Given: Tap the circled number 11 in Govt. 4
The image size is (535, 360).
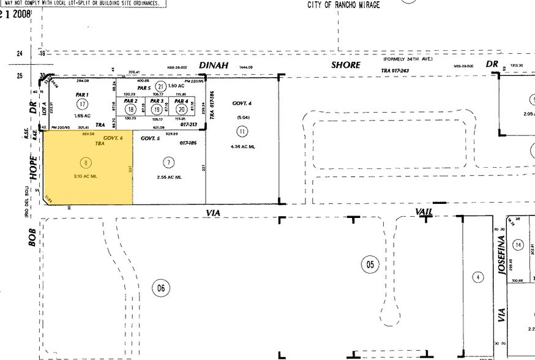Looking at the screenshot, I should click(x=242, y=131).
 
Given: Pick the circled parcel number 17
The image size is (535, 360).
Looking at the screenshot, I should click(x=82, y=104).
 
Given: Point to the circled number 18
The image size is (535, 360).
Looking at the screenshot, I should click(x=130, y=109).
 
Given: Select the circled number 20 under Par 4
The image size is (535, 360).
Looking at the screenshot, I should click(x=181, y=109).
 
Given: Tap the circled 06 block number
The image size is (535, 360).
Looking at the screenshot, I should click(x=160, y=288).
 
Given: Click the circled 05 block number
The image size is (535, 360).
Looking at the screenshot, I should click(x=370, y=264).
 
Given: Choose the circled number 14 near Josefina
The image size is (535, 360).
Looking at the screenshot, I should click(x=519, y=246).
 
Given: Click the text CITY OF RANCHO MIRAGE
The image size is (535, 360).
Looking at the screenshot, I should click(x=343, y=5).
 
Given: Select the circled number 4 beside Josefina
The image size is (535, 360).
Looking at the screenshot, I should click(x=476, y=277).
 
